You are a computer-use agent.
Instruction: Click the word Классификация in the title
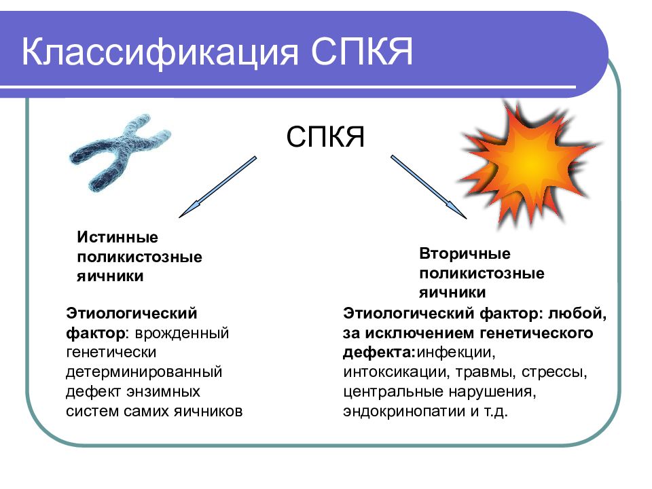tap(160, 53)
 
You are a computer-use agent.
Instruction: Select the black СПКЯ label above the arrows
tap(325, 137)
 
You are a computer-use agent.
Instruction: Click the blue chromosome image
tap(120, 152)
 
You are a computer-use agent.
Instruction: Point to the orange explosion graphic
tap(530, 164)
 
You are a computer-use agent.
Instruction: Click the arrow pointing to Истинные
tap(218, 187)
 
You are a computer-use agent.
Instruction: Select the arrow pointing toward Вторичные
tap(429, 187)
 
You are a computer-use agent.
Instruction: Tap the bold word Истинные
tap(117, 238)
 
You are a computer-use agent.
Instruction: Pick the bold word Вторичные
tap(465, 253)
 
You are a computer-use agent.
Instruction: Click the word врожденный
tap(182, 333)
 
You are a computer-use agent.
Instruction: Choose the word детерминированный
tap(144, 372)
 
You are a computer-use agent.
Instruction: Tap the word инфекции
tap(456, 352)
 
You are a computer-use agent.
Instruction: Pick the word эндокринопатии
tap(404, 412)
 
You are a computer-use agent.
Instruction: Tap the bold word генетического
tap(537, 333)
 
